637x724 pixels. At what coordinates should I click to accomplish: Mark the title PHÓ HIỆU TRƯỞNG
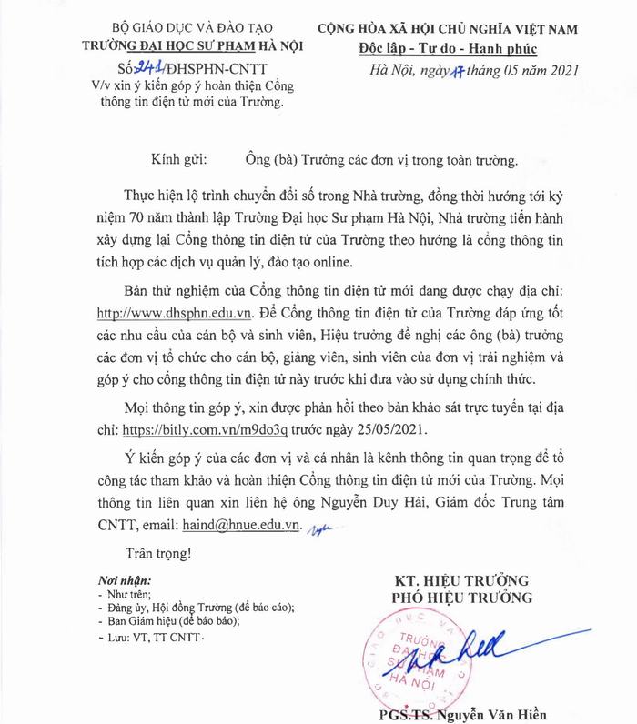pos(460,598)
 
